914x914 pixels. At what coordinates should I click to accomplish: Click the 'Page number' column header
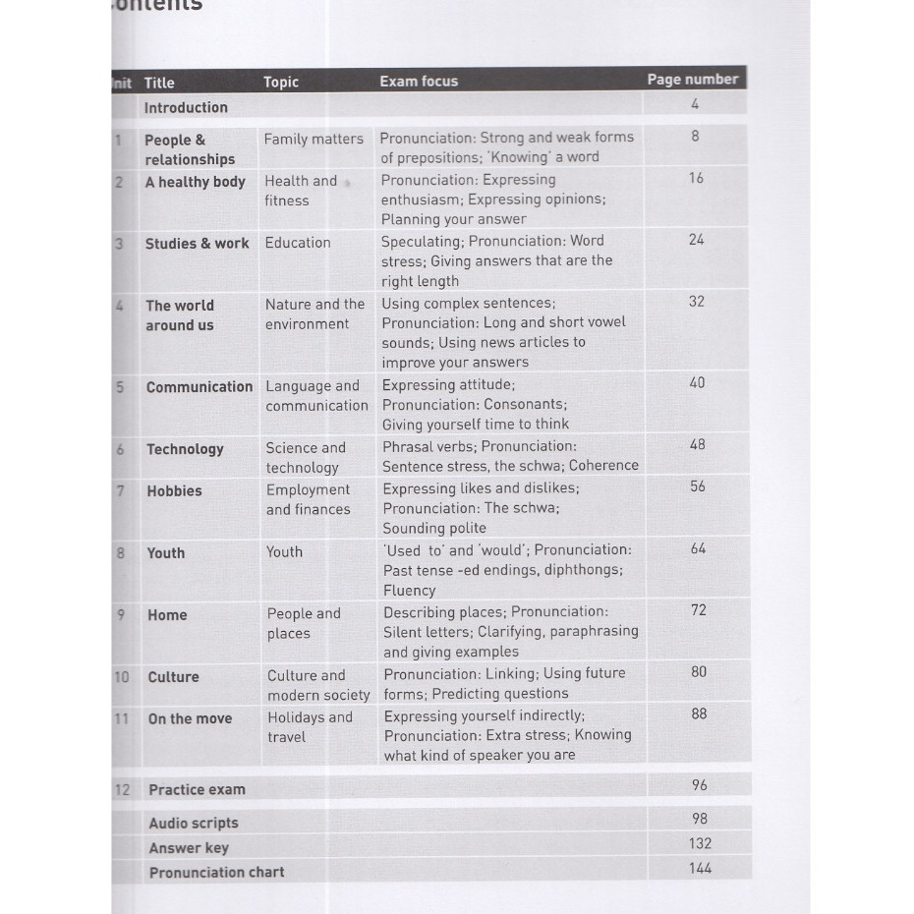[692, 80]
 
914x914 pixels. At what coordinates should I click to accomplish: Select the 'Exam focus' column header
[419, 82]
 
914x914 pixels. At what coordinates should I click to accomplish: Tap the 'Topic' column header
[281, 83]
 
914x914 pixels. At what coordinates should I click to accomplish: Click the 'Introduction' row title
[186, 108]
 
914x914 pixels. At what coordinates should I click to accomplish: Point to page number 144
[700, 868]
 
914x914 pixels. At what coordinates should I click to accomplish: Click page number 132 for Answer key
[700, 843]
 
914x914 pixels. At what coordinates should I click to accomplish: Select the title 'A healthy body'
[195, 182]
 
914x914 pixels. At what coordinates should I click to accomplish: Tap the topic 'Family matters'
[314, 140]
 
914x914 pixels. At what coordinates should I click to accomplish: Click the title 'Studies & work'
[198, 244]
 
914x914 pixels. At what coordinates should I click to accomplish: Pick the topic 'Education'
[298, 243]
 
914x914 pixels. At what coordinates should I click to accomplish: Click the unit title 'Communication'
[200, 387]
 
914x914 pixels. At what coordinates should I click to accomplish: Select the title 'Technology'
[185, 449]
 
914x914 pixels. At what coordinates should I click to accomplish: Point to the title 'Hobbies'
[174, 491]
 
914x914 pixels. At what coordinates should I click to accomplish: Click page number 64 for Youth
[698, 548]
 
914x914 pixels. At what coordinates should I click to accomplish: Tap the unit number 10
[122, 677]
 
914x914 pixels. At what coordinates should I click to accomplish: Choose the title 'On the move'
[190, 719]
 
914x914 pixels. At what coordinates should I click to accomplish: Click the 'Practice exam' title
[197, 790]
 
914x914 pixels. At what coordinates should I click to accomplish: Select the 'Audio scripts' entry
[194, 824]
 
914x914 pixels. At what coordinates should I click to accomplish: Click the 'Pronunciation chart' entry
[216, 873]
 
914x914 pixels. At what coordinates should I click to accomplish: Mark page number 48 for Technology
[698, 444]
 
